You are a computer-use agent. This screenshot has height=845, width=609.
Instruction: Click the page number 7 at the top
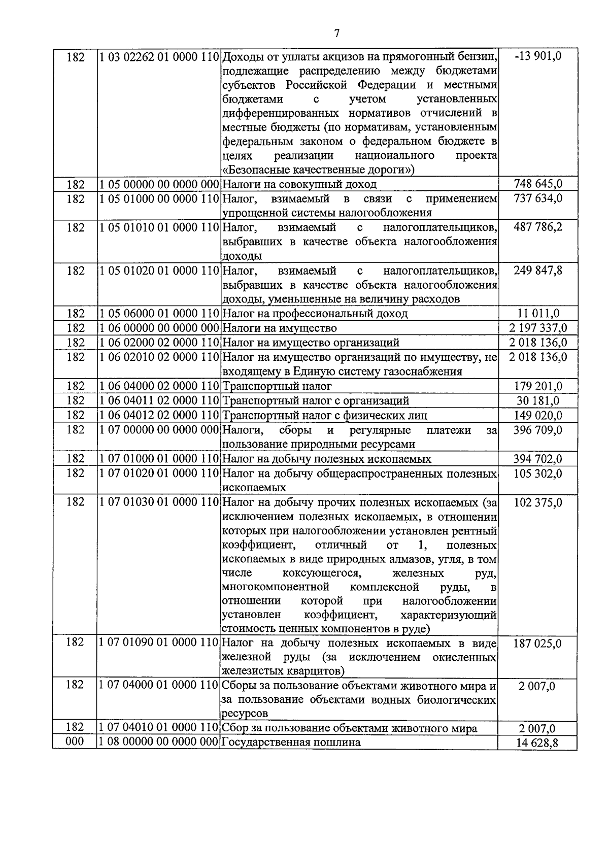[x=336, y=33]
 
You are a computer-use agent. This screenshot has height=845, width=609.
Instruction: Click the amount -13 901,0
[x=538, y=56]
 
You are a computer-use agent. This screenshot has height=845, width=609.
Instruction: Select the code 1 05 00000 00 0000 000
[x=158, y=184]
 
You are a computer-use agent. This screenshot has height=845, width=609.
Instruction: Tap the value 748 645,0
[x=538, y=184]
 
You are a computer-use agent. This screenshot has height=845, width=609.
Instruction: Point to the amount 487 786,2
[x=538, y=227]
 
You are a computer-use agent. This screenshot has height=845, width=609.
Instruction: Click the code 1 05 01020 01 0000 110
[x=158, y=271]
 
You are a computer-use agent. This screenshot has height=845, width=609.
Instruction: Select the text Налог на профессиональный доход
[x=315, y=314]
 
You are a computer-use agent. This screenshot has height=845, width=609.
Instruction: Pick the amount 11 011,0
[x=538, y=314]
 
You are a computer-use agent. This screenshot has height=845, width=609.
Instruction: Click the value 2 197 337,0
[x=538, y=328]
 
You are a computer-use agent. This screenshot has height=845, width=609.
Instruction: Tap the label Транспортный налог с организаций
[x=316, y=401]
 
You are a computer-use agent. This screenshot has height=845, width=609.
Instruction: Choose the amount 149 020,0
[x=538, y=416]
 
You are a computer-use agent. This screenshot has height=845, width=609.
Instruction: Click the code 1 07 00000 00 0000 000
[x=158, y=430]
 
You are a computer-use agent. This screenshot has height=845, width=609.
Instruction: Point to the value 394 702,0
[x=538, y=459]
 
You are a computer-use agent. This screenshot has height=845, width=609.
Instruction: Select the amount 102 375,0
[x=538, y=502]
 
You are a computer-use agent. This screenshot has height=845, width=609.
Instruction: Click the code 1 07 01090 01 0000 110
[x=158, y=643]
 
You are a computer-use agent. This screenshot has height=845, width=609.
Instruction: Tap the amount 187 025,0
[x=538, y=644]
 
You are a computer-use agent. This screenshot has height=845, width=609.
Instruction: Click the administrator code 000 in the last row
[x=75, y=742]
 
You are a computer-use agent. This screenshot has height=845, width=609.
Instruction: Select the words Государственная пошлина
[x=291, y=742]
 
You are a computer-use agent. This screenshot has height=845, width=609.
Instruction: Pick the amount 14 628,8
[x=538, y=743]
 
